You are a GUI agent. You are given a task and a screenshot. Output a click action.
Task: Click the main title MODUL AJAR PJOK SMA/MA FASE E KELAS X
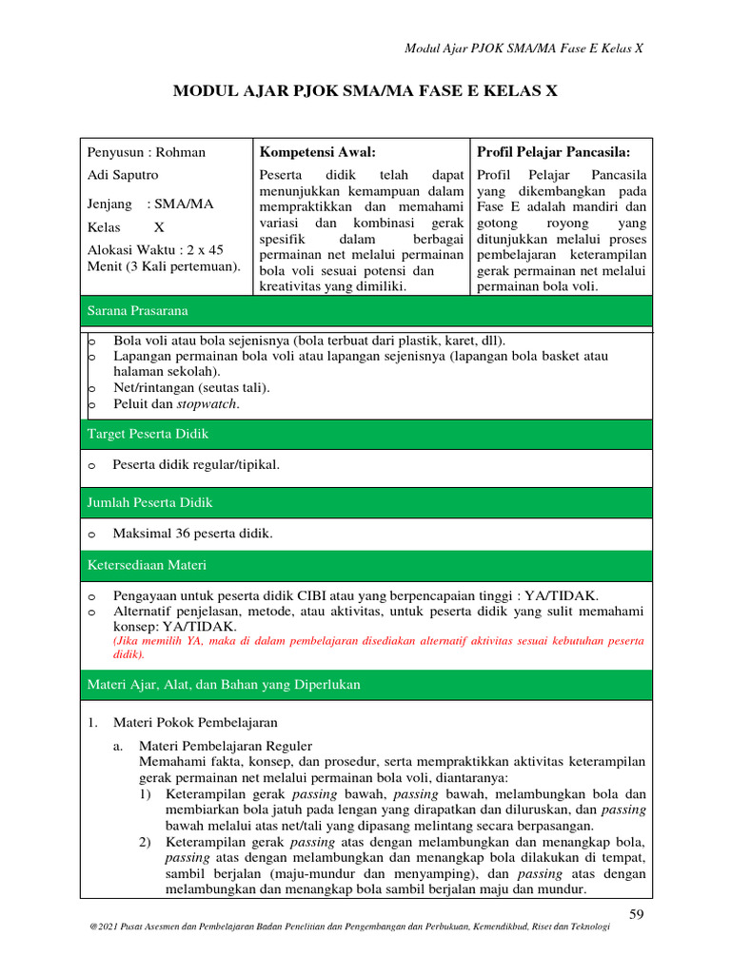pyautogui.click(x=365, y=91)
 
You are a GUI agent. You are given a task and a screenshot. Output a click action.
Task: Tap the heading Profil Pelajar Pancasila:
pyautogui.click(x=553, y=152)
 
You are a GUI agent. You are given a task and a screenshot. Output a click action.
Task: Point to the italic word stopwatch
pyautogui.click(x=208, y=403)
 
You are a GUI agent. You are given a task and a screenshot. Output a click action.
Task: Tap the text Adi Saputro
pyautogui.click(x=123, y=176)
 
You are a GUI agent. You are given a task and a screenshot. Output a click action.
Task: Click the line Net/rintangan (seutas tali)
pyautogui.click(x=191, y=387)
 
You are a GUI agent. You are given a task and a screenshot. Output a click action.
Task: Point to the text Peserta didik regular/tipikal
pyautogui.click(x=196, y=465)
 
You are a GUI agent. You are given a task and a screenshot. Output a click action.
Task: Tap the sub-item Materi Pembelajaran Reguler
pyautogui.click(x=225, y=746)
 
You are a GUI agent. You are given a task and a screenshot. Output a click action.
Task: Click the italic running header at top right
pyautogui.click(x=524, y=49)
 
